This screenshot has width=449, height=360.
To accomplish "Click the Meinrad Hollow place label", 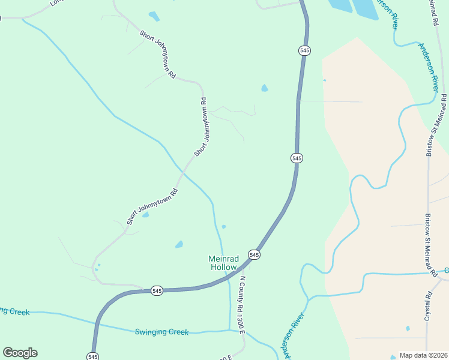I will click(x=223, y=263).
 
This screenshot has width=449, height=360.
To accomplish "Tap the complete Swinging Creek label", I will click(x=161, y=332).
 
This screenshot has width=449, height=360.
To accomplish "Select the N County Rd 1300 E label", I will click(x=242, y=305).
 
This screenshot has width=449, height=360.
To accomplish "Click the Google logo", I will click(x=20, y=353).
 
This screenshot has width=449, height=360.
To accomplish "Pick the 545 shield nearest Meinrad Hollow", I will click(x=254, y=255).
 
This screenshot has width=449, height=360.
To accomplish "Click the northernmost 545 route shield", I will click(x=304, y=51).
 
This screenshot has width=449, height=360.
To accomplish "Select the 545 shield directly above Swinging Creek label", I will click(x=157, y=290).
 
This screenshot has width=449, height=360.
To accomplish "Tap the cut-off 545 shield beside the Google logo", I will click(x=92, y=356).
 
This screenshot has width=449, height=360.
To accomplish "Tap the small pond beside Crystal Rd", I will click(x=408, y=328).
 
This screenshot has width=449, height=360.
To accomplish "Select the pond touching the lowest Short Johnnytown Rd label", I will click(x=145, y=215).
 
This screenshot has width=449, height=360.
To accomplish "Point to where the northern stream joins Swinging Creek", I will click(x=230, y=330).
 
